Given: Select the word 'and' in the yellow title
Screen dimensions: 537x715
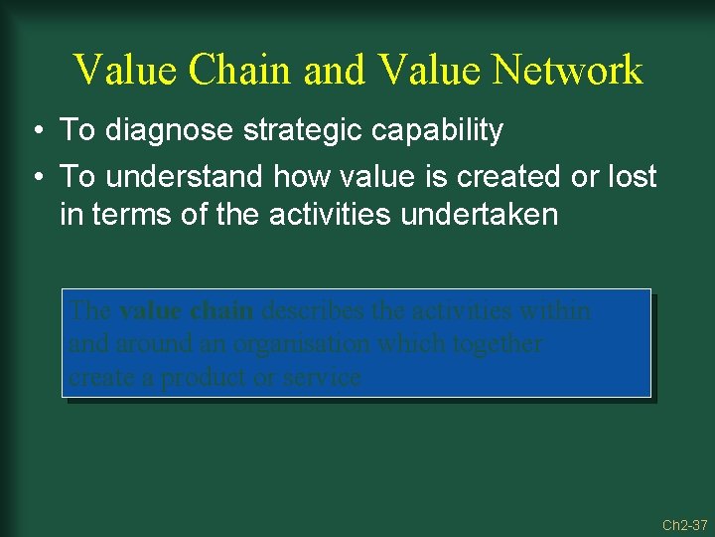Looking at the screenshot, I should [335, 71].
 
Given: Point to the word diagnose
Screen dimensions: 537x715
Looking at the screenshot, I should [158, 130].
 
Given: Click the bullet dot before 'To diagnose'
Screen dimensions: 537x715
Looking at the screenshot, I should [35, 131].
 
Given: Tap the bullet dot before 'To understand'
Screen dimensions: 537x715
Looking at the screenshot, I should [35, 178].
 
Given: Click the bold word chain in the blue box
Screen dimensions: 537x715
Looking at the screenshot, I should [222, 311].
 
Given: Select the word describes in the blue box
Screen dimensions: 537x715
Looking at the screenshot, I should [313, 311].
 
